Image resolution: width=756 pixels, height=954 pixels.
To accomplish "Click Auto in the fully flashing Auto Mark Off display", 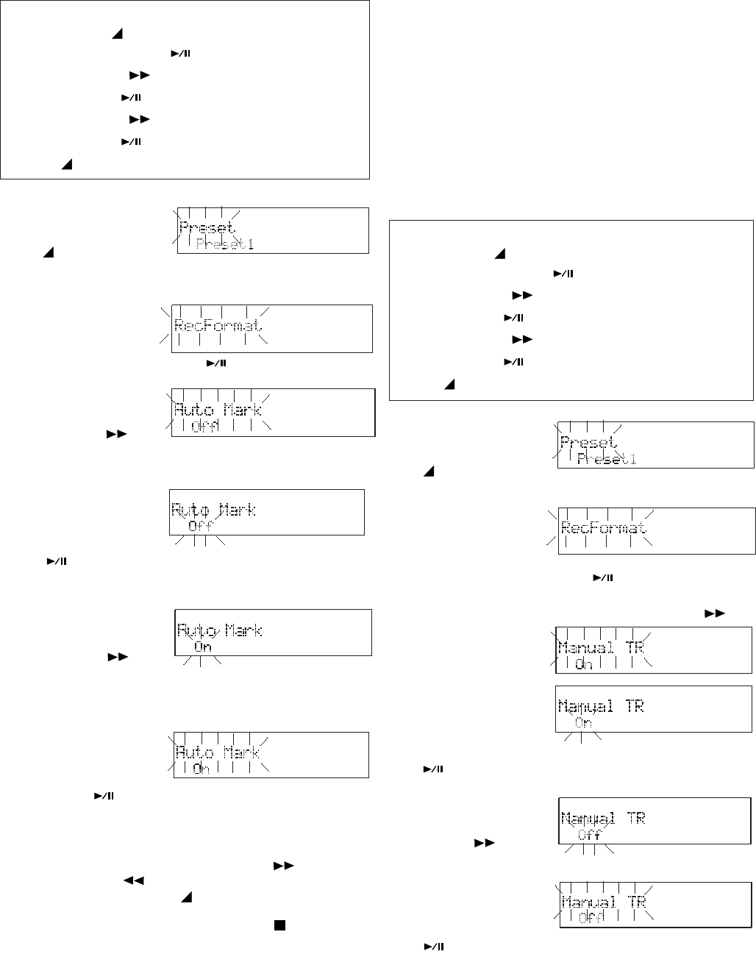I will (193, 410).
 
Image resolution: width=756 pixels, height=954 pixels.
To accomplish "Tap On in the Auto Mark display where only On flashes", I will (202, 647).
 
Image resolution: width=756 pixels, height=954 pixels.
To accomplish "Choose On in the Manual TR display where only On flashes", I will (583, 722).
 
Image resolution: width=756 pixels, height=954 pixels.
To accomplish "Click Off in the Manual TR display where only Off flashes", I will (589, 836).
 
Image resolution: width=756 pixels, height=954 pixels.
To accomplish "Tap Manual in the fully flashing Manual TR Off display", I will (588, 902).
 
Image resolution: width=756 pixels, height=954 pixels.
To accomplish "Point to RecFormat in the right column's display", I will (604, 527).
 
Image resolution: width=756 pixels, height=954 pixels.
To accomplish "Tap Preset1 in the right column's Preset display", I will (607, 460).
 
